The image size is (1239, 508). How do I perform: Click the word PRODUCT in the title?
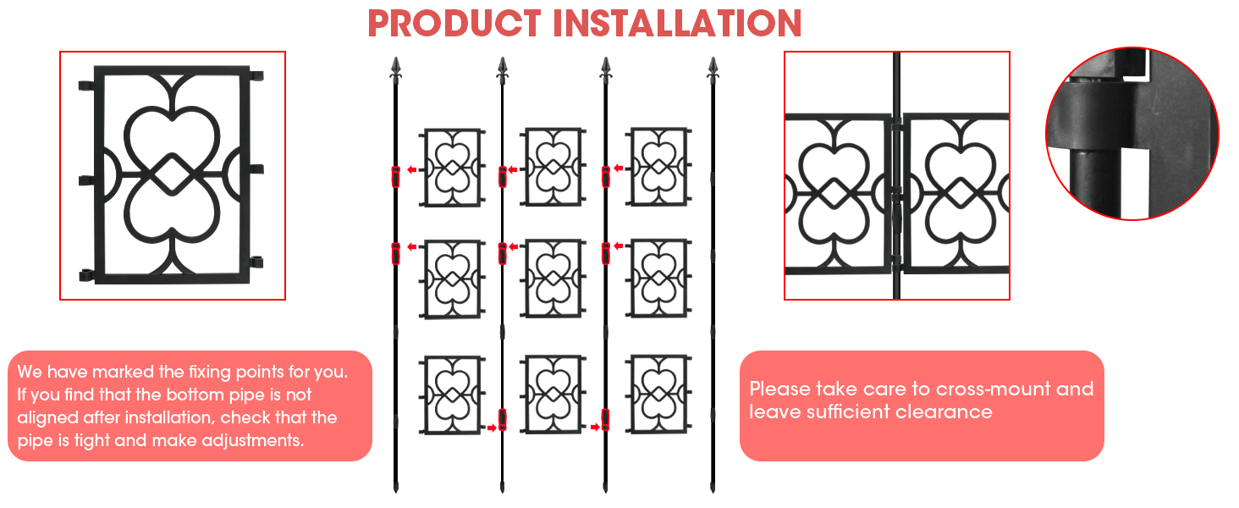click(x=454, y=23)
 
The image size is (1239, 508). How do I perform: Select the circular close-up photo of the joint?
click(x=1132, y=134)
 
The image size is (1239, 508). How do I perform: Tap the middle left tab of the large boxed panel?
click(x=86, y=179)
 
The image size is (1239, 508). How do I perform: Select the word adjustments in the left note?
click(x=261, y=441)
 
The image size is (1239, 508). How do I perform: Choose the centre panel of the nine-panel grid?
click(x=553, y=279)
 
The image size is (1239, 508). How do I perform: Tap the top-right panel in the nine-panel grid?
click(x=658, y=166)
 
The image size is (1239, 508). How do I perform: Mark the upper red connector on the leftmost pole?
click(x=395, y=177)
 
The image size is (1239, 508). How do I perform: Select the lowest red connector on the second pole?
click(x=502, y=419)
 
